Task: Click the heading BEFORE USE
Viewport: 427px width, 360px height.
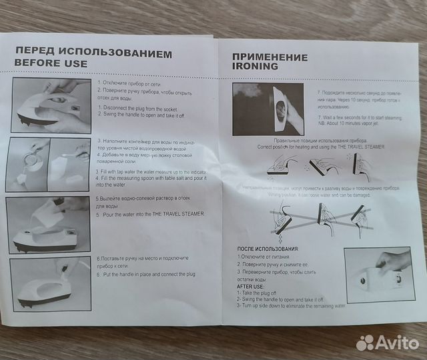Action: (x=51, y=63)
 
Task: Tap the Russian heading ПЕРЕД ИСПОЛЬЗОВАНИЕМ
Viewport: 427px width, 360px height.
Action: (x=93, y=52)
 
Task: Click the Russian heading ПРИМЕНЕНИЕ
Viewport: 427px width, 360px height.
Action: (x=270, y=57)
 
